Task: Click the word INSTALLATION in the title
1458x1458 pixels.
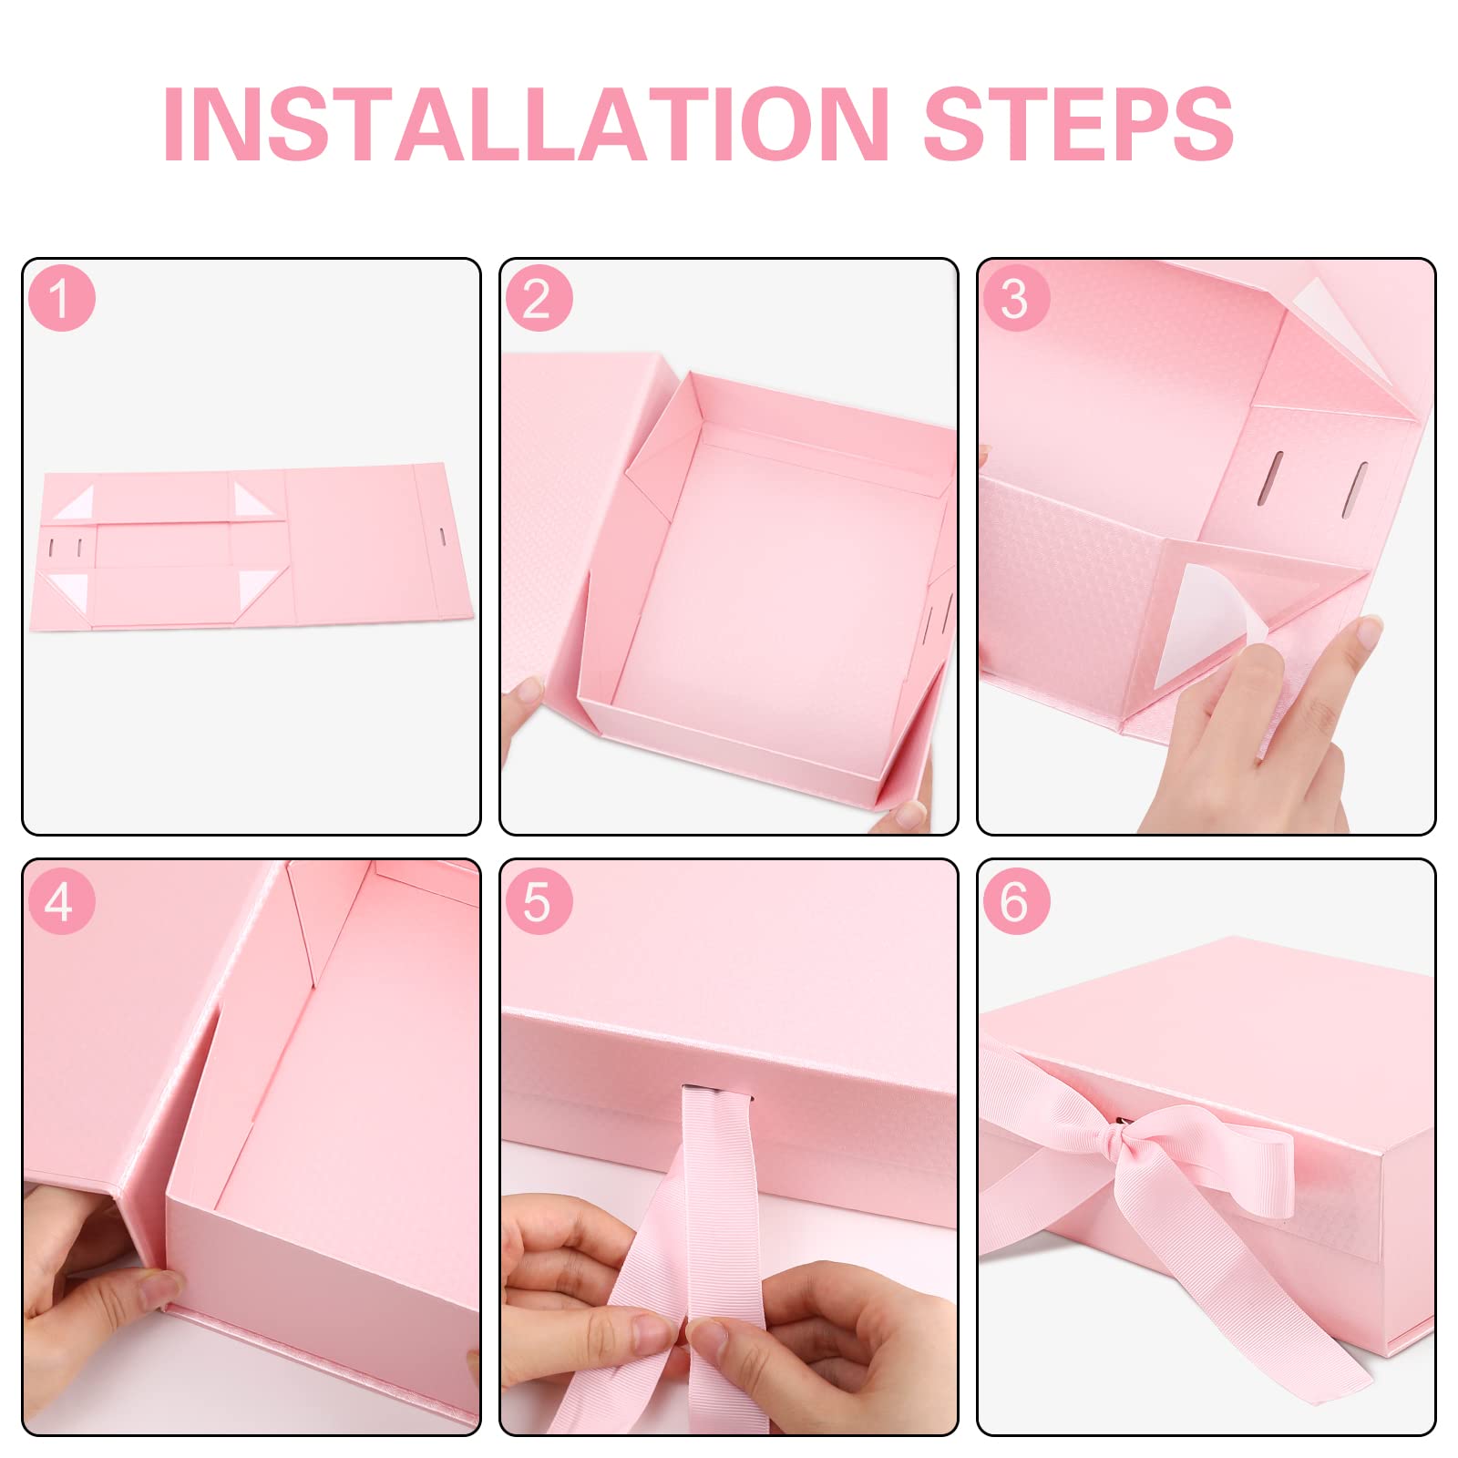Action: click(526, 125)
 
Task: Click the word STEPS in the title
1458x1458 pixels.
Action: click(1079, 125)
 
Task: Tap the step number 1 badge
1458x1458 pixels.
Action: click(61, 298)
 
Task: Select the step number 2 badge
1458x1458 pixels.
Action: click(539, 298)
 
